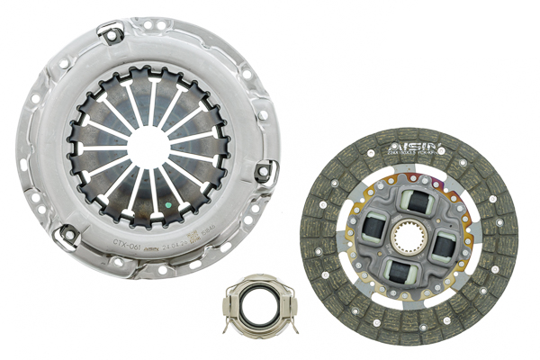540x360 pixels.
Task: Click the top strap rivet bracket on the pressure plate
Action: tap(112, 35)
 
